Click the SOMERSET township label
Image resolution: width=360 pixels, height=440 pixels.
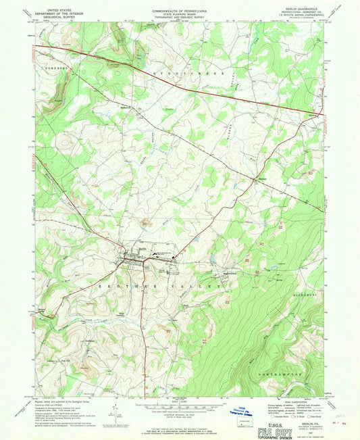(x=49, y=67)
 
